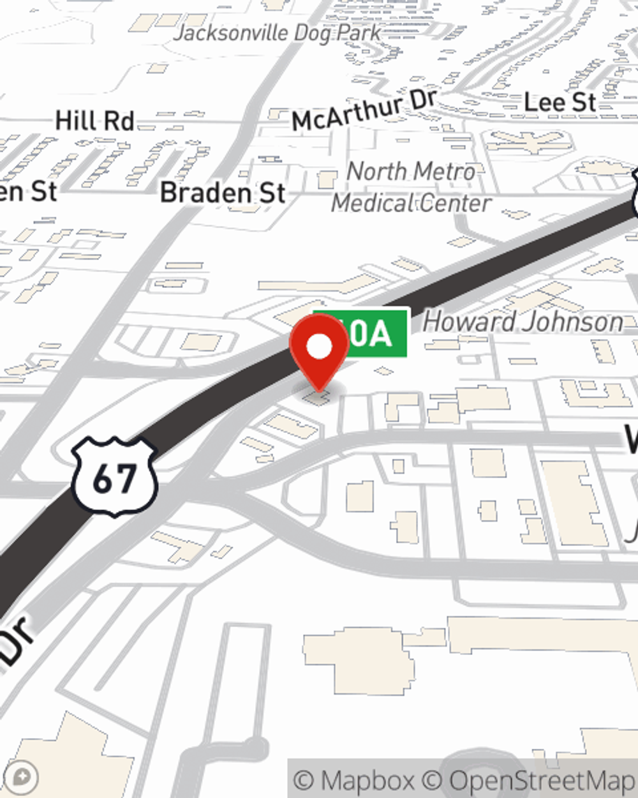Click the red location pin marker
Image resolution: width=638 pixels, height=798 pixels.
[x=320, y=352]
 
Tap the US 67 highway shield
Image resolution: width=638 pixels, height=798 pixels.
[x=114, y=476]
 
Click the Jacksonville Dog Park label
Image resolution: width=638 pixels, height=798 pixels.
[x=278, y=33]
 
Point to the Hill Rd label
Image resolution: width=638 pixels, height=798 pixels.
[x=94, y=121]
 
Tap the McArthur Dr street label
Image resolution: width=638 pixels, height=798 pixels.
[x=364, y=110]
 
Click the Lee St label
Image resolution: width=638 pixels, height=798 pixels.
[x=560, y=102]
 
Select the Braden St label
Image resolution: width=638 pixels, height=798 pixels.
[x=223, y=193]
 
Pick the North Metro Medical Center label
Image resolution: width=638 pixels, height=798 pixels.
[x=412, y=187]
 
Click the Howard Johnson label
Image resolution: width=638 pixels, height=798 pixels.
[x=523, y=322]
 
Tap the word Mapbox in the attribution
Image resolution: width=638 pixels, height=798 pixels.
[x=366, y=780]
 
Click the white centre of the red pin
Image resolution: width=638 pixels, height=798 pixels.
[x=320, y=347]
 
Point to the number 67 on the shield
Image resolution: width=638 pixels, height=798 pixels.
[x=114, y=479]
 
